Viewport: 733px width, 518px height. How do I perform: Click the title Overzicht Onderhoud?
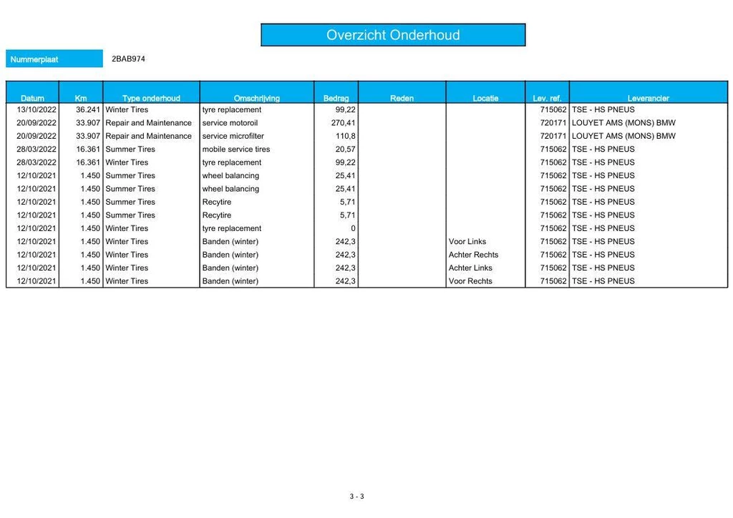point(393,35)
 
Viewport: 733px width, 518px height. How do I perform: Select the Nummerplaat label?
point(34,59)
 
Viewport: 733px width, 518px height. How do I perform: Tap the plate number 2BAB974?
point(128,59)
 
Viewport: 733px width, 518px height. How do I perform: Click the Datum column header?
point(32,98)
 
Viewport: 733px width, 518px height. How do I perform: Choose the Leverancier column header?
point(648,98)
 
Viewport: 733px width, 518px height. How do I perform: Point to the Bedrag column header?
point(336,98)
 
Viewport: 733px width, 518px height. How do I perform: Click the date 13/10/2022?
point(37,110)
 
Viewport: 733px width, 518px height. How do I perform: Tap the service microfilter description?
point(233,136)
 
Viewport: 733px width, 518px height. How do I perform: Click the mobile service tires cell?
point(236,150)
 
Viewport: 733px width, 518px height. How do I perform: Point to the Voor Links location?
point(467,242)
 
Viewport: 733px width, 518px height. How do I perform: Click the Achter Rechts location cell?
point(473,255)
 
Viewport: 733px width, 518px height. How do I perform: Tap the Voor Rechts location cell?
point(470,281)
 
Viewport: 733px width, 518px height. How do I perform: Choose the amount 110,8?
point(346,136)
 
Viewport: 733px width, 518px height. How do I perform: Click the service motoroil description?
point(230,123)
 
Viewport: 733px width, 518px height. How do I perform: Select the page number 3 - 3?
point(356,497)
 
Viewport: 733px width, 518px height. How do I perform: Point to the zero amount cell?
point(352,228)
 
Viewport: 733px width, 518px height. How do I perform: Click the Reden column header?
point(402,98)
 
